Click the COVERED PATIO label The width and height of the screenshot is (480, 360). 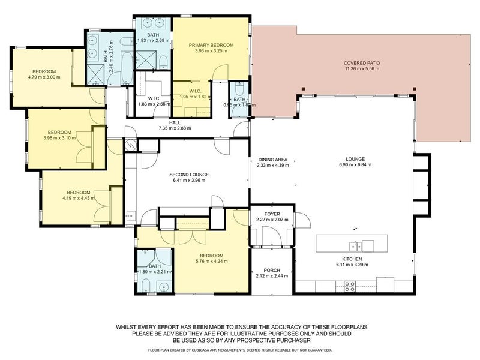(x=362, y=63)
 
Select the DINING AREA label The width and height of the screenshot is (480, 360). (x=272, y=160)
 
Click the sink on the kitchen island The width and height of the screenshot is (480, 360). (x=355, y=245)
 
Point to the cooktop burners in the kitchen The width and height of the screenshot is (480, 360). (x=349, y=287)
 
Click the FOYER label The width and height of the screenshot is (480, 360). (x=272, y=214)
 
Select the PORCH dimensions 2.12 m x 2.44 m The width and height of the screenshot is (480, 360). (x=272, y=276)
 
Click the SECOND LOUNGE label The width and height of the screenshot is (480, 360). (x=190, y=175)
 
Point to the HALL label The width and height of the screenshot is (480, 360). (x=174, y=122)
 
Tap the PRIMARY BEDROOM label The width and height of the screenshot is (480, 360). (x=211, y=45)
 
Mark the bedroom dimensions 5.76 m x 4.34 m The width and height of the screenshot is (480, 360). (x=211, y=261)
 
